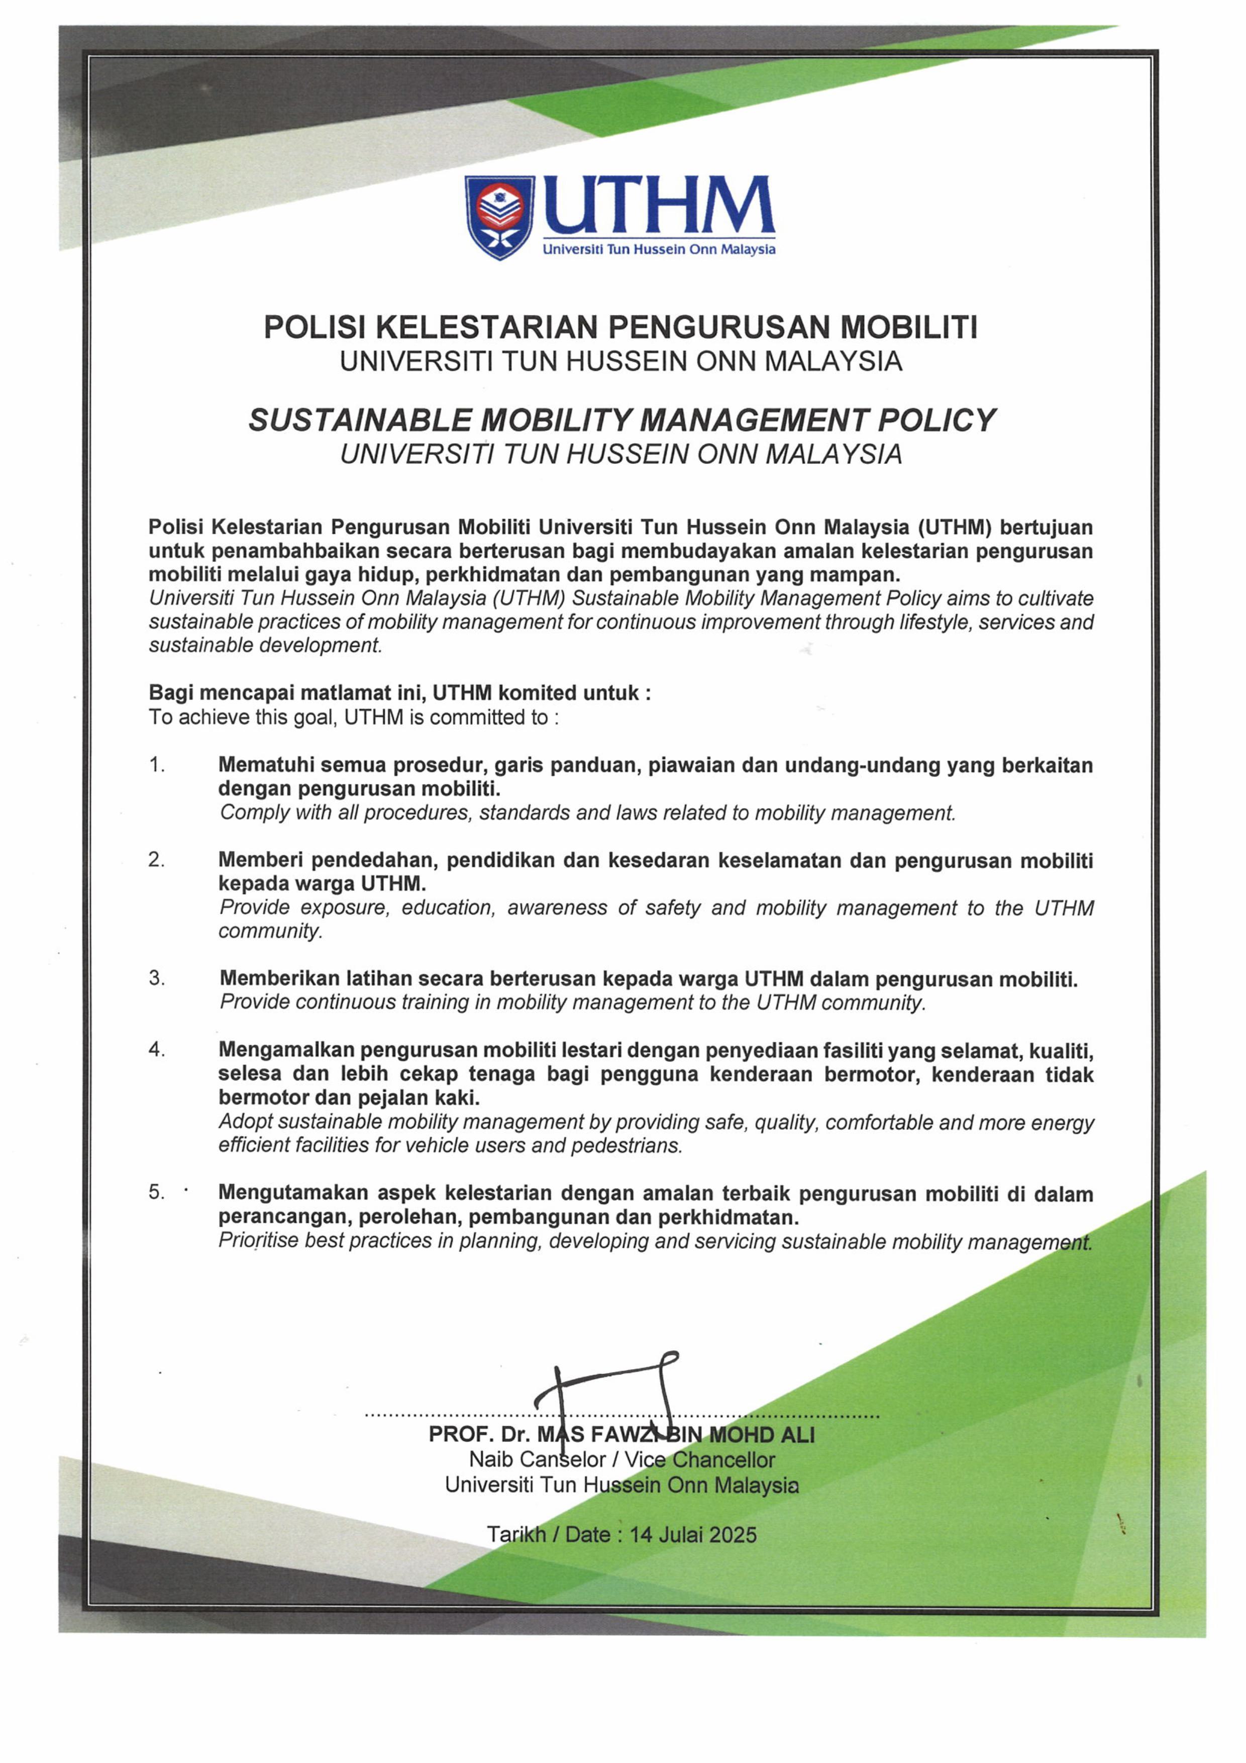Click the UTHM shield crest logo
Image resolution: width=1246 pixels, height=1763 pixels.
pyautogui.click(x=499, y=217)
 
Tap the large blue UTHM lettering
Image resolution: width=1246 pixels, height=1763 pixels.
pyautogui.click(x=659, y=205)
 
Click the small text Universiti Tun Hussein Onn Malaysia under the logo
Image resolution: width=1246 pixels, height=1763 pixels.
pyautogui.click(x=659, y=250)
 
